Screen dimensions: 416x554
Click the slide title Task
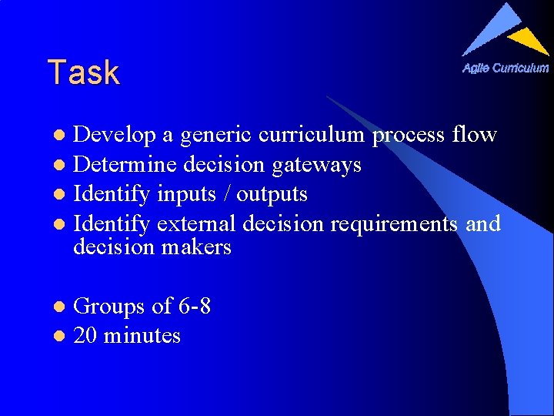83,72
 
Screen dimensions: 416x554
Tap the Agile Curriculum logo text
506,68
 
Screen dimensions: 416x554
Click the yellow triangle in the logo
530,40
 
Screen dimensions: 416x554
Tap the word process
409,136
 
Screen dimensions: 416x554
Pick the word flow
475,135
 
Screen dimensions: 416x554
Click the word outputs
272,194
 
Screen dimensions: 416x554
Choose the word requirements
395,224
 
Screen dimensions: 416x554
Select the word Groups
109,307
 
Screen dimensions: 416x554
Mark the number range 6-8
194,307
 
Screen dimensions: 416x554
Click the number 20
85,336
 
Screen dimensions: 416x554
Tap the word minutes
142,336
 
